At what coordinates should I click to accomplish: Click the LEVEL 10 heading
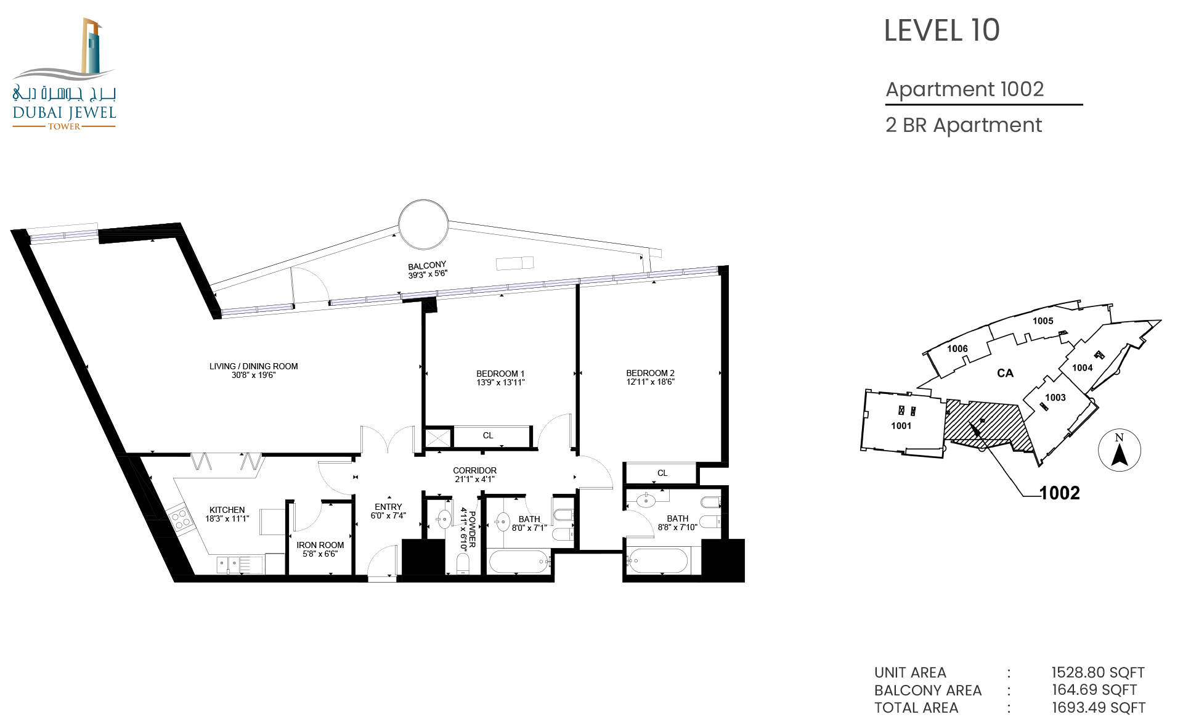[x=941, y=31]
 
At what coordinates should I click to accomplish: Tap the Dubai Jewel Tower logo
[x=64, y=74]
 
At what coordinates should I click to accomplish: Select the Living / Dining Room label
[x=253, y=366]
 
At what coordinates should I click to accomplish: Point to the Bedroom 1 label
[x=500, y=374]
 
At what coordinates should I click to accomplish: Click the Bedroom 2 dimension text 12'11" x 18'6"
[x=651, y=382]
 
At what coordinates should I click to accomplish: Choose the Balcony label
[x=427, y=266]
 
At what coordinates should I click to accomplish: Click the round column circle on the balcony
[x=423, y=224]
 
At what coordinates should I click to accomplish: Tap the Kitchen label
[x=227, y=510]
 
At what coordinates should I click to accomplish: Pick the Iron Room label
[x=320, y=545]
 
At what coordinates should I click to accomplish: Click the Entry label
[x=388, y=507]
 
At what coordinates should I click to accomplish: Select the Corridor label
[x=474, y=470]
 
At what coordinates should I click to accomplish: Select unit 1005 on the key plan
[x=1043, y=321]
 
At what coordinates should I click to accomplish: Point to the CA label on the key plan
[x=1005, y=373]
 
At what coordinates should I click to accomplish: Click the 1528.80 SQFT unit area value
[x=1098, y=673]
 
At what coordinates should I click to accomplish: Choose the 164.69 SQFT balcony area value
[x=1094, y=690]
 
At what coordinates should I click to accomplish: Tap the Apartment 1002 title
[x=965, y=89]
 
